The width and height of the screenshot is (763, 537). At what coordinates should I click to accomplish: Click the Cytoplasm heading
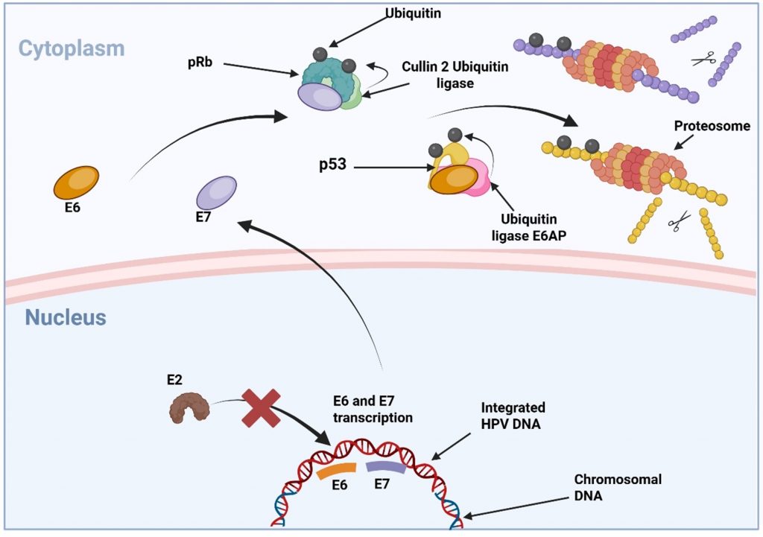point(72,49)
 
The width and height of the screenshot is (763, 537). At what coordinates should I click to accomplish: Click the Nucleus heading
point(66,318)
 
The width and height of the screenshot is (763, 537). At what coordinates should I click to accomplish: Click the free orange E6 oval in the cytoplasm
point(75,182)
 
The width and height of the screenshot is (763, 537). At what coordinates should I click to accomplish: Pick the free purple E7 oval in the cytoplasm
point(216,192)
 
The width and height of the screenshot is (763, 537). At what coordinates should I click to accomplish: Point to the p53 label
point(332,165)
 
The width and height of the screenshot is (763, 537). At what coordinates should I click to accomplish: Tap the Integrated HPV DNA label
point(513,415)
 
